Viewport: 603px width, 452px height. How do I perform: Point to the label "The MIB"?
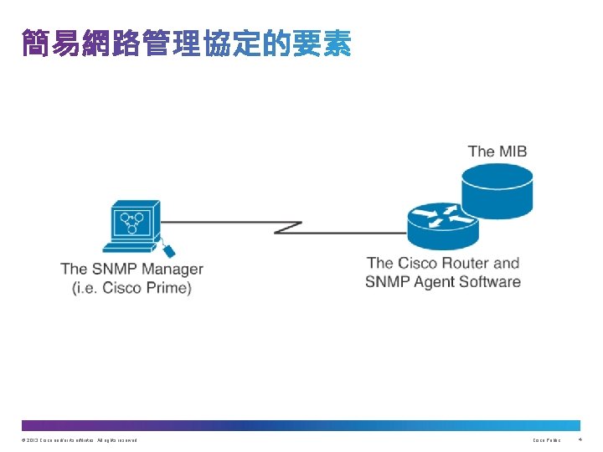point(497,152)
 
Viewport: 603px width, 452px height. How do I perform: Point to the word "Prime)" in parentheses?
point(168,288)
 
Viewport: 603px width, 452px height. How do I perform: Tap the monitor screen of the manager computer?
point(132,221)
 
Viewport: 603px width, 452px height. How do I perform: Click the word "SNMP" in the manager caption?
point(113,270)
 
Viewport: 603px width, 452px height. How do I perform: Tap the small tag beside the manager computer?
point(167,249)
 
